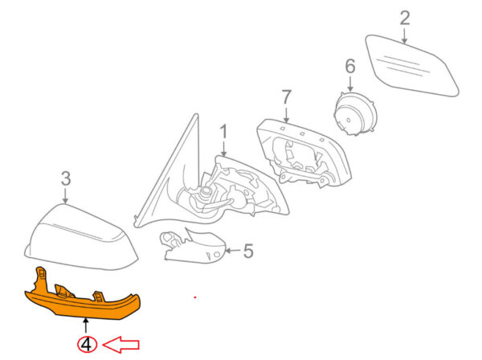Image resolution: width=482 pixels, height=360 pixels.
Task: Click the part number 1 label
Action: pyautogui.click(x=223, y=130)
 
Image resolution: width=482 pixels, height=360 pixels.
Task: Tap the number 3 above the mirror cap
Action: pyautogui.click(x=66, y=178)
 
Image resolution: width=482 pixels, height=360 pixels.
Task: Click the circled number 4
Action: pyautogui.click(x=86, y=344)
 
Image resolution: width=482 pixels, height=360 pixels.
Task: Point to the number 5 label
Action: pyautogui.click(x=247, y=252)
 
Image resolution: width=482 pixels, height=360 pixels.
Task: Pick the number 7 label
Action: pyautogui.click(x=285, y=97)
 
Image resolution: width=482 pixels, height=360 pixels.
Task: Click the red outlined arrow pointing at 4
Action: pyautogui.click(x=121, y=345)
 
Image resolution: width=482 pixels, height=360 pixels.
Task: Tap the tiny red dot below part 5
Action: pyautogui.click(x=194, y=298)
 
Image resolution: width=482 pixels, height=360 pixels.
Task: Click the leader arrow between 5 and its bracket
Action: pyautogui.click(x=231, y=252)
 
